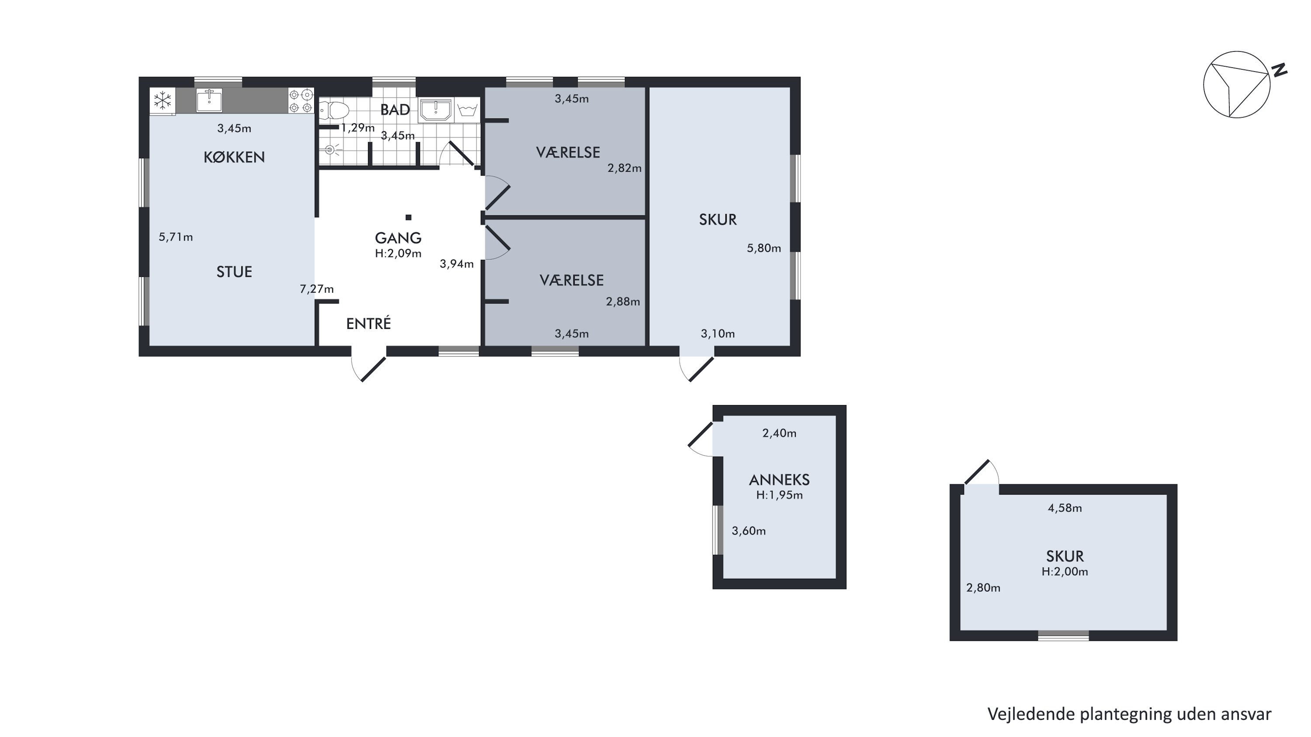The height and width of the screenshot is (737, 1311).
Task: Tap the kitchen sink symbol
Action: pos(209,100)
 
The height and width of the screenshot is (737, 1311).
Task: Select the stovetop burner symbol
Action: pos(301,101)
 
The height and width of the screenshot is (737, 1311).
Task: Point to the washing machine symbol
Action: pos(467,109)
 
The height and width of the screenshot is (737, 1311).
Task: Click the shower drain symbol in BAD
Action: pos(330,149)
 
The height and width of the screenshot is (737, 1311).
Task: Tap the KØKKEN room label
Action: pos(234,157)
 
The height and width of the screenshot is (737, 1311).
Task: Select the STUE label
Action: pos(234,272)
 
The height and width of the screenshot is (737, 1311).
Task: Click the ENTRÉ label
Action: pos(368,323)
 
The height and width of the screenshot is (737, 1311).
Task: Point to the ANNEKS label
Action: pos(779,480)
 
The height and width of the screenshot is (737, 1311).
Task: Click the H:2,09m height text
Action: pos(398,253)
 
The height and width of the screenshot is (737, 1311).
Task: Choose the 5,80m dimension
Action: pos(763,248)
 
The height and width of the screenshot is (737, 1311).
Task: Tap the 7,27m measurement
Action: pos(316,289)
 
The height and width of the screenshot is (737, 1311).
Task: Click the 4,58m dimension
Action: pos(1065,508)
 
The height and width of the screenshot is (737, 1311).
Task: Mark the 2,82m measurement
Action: pos(624,168)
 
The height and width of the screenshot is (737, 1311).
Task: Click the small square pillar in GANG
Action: pos(408,218)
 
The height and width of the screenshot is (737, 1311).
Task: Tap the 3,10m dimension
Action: pos(718,334)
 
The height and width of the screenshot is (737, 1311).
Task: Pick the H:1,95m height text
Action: pos(779,495)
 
